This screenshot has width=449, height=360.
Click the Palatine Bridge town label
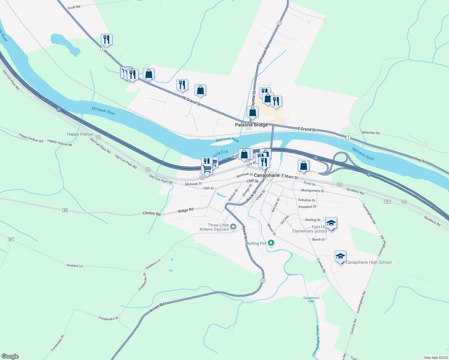pyautogui.click(x=251, y=125)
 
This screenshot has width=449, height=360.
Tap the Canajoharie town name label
pyautogui.click(x=267, y=175)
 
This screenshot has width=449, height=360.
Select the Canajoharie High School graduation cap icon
pyautogui.click(x=340, y=257)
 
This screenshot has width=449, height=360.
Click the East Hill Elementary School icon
pyautogui.click(x=331, y=223)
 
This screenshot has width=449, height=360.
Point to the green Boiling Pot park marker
pyautogui.click(x=271, y=243)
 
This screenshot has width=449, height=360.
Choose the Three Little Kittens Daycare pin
pyautogui.click(x=233, y=227)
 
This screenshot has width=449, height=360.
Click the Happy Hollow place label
pyautogui.click(x=80, y=134)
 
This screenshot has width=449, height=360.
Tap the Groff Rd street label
pyautogui.click(x=74, y=7)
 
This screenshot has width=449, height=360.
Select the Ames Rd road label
pyautogui.click(x=157, y=307)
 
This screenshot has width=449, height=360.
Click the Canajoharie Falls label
pyautogui.click(x=311, y=299)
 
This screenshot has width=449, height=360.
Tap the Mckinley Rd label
pyautogui.click(x=371, y=133)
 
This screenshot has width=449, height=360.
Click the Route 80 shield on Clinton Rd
pyautogui.click(x=65, y=210)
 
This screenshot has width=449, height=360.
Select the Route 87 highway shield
pyautogui.click(x=11, y=239)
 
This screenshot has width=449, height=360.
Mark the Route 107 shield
pyautogui.click(x=387, y=202)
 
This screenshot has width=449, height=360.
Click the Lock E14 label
pyautogui.click(x=220, y=154)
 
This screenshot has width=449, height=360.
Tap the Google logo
pyautogui.click(x=10, y=356)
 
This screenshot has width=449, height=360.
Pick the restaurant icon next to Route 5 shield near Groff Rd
pyautogui.click(x=107, y=39)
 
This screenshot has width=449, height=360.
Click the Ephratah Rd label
pyautogui.click(x=263, y=54)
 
